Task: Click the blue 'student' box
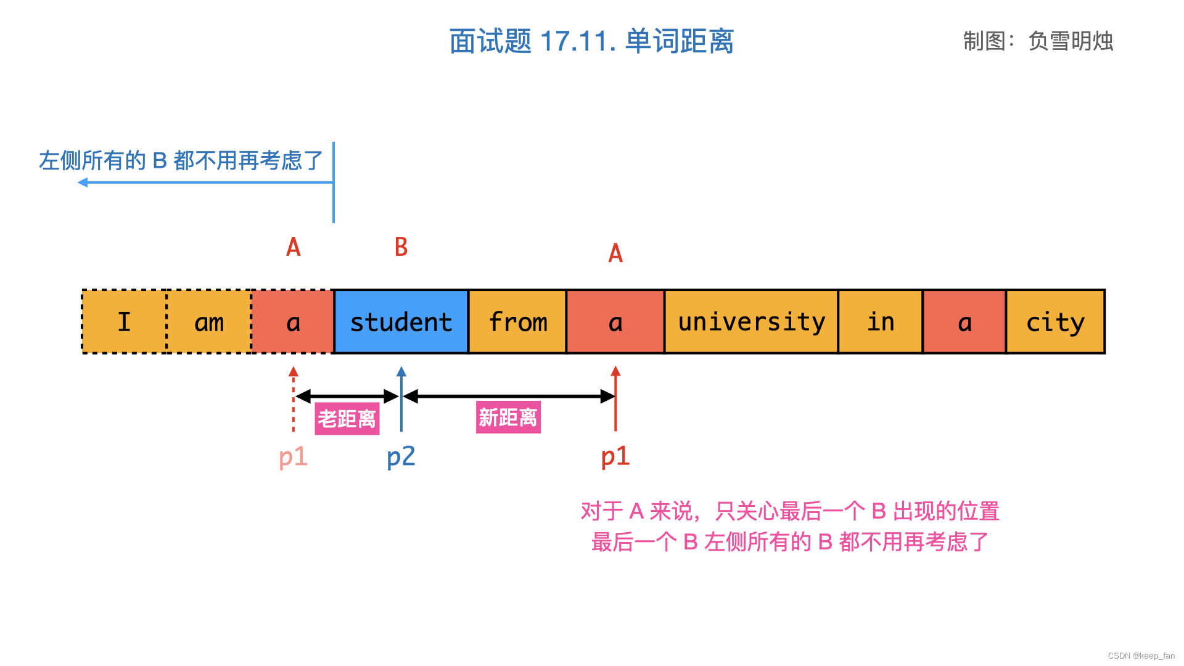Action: click(x=401, y=322)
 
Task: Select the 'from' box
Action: click(x=517, y=322)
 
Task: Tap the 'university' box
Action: click(x=751, y=322)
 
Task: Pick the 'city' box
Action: click(x=1055, y=322)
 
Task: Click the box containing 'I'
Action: click(x=124, y=322)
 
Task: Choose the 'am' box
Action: click(x=209, y=322)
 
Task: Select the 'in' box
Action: click(x=880, y=322)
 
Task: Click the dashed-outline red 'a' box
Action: click(x=293, y=322)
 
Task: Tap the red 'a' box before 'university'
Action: click(x=615, y=322)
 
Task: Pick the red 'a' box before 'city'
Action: click(x=964, y=322)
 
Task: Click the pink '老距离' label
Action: click(x=347, y=419)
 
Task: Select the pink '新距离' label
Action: click(x=508, y=417)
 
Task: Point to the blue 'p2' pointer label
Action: click(x=401, y=457)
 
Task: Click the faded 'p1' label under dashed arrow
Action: click(x=293, y=457)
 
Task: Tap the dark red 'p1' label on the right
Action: click(x=615, y=456)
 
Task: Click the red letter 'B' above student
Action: click(x=401, y=247)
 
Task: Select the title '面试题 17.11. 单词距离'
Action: click(x=591, y=41)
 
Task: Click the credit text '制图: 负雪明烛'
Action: click(x=1038, y=41)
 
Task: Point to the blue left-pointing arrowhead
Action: click(x=83, y=182)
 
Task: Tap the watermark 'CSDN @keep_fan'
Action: click(x=1141, y=656)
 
